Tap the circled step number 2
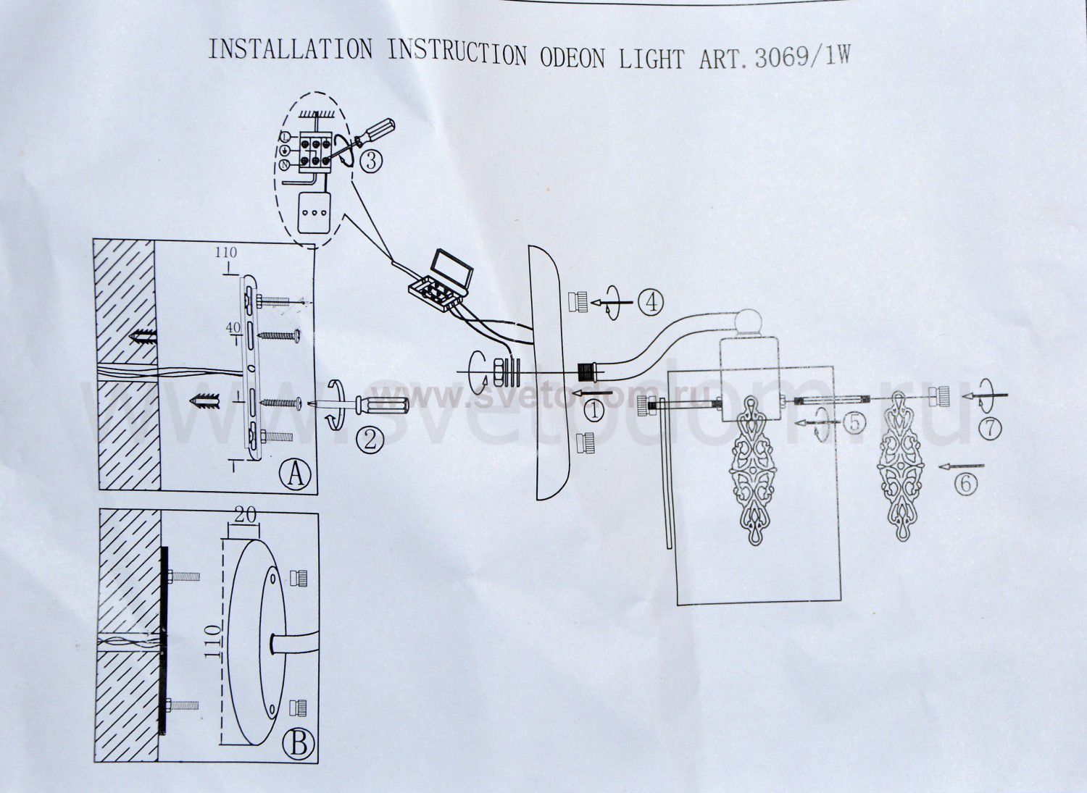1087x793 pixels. [x=370, y=439]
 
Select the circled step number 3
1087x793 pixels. [x=370, y=161]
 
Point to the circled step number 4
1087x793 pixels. [x=651, y=301]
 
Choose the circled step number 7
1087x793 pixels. [x=990, y=428]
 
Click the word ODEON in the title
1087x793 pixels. [x=572, y=56]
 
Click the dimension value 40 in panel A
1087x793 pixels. [x=232, y=328]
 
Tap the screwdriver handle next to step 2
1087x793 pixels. [x=383, y=406]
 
